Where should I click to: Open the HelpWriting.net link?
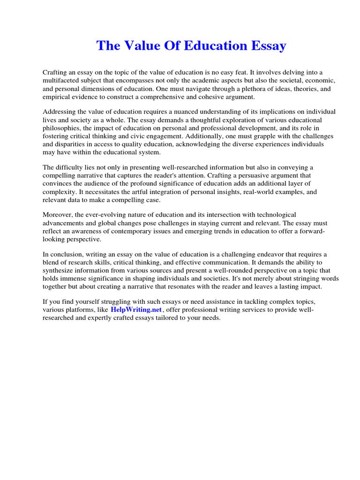[136, 310]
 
